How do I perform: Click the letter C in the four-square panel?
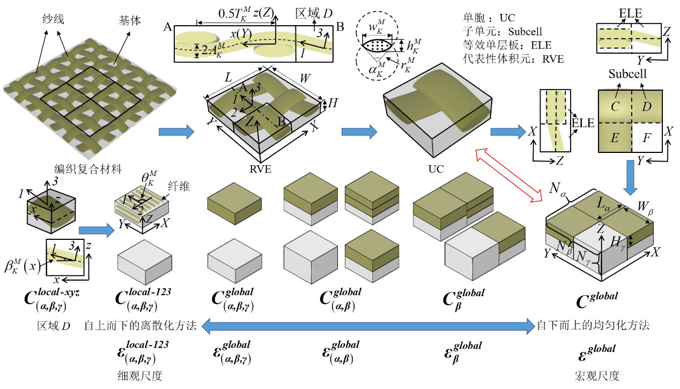click(615, 107)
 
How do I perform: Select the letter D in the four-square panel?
click(647, 107)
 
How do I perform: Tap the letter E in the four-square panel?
click(615, 138)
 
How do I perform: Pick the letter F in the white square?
click(647, 138)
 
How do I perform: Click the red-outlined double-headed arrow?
click(509, 175)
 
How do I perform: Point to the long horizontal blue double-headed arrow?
click(368, 326)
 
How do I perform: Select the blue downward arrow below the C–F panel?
click(630, 178)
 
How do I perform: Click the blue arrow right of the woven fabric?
click(176, 131)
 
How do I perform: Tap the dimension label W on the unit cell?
click(305, 78)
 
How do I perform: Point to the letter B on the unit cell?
click(281, 122)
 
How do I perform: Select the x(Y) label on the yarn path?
click(241, 34)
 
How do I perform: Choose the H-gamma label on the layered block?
click(618, 243)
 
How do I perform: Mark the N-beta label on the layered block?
click(564, 247)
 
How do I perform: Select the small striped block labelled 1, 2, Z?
click(142, 207)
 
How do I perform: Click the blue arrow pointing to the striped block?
click(97, 230)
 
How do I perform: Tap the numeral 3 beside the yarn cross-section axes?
click(320, 33)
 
